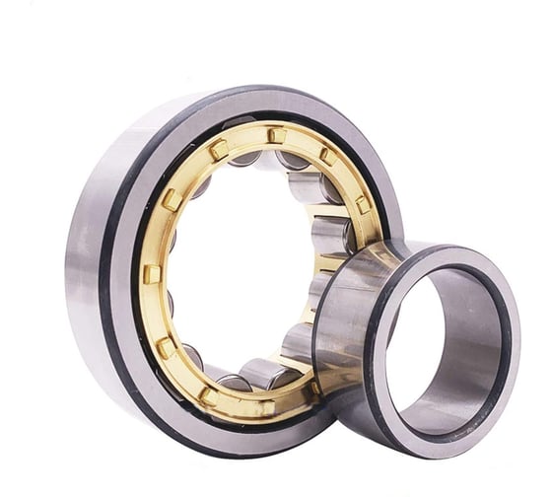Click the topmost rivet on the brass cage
(277, 135)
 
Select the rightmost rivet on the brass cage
(363, 204)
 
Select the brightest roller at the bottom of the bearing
(264, 373)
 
